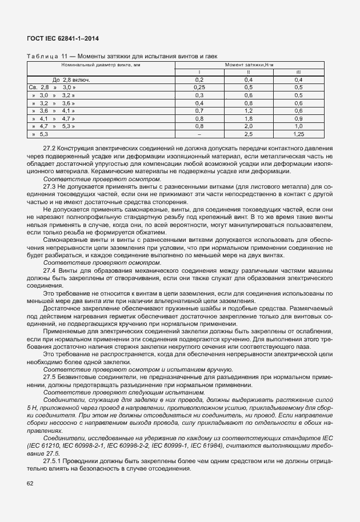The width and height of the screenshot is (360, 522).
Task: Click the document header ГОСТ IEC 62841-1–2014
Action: click(x=67, y=39)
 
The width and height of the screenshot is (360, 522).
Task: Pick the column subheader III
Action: click(x=298, y=73)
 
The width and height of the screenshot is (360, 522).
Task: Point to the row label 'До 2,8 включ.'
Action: click(x=71, y=80)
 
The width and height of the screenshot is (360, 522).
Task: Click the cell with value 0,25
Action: click(x=199, y=87)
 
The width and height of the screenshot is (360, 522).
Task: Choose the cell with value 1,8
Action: click(x=249, y=118)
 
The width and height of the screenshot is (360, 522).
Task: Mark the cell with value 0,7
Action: click(x=199, y=110)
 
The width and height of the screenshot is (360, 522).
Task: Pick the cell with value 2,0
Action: click(x=249, y=125)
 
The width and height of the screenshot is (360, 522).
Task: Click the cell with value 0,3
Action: click(x=199, y=95)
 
